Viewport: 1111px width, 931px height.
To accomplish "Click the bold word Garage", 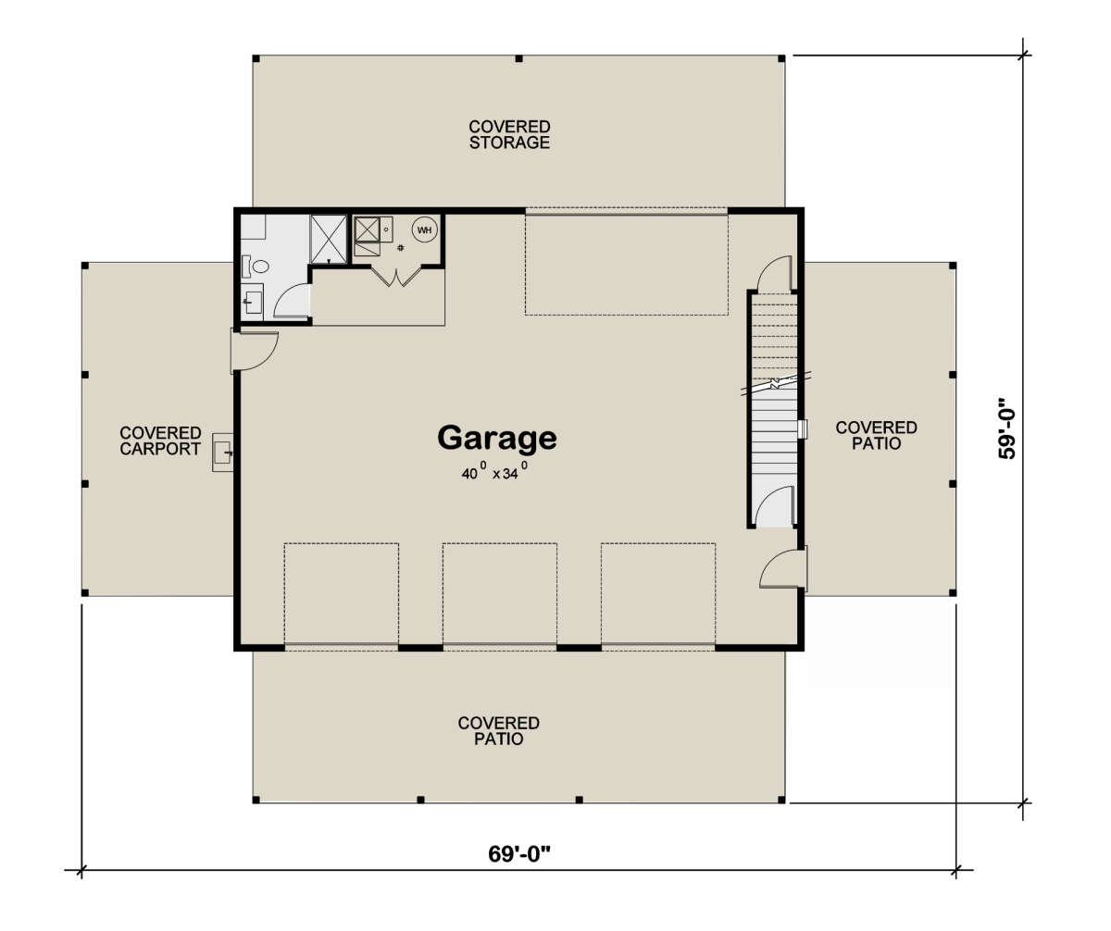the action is (497, 439).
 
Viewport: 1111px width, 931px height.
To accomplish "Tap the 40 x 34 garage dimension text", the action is (494, 471).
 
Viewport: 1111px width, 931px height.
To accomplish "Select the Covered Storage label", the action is (509, 134).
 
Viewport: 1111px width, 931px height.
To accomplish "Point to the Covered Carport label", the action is (160, 441).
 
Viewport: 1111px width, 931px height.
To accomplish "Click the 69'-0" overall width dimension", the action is (518, 854).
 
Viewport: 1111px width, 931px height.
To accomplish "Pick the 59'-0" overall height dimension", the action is (1006, 428).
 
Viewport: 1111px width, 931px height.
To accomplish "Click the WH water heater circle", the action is (425, 230).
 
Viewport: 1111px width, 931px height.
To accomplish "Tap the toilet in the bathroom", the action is (256, 266).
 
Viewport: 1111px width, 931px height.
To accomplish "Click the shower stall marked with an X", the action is (329, 239).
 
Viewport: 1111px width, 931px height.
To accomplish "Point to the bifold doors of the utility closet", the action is (396, 276).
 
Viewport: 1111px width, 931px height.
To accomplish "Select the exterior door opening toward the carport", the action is (255, 351).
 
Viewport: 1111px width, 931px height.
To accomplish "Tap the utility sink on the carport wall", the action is (222, 453).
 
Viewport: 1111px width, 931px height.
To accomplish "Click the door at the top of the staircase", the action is (777, 273).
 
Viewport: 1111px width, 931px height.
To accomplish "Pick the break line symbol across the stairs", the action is (777, 383).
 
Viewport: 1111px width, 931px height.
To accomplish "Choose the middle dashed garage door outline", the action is (500, 595).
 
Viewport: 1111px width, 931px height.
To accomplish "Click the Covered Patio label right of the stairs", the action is (877, 435).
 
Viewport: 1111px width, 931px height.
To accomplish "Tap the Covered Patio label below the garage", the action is (499, 730).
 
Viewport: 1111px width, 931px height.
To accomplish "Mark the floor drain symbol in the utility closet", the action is (401, 248).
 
